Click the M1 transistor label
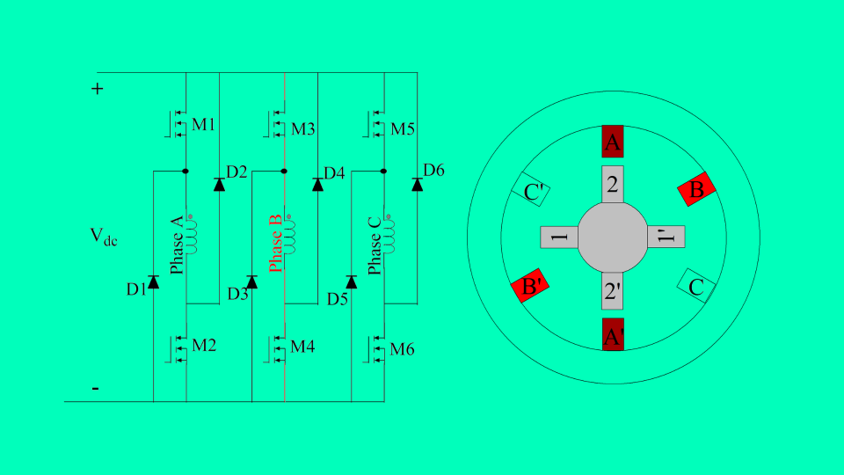click(x=203, y=125)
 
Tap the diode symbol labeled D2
click(x=219, y=184)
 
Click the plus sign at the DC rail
click(x=98, y=89)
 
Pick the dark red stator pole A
click(x=613, y=142)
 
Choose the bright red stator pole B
click(x=697, y=189)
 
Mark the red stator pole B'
click(x=530, y=287)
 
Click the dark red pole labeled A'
click(x=613, y=334)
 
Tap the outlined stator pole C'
click(x=531, y=190)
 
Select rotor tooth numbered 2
click(x=613, y=184)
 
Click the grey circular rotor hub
click(x=613, y=237)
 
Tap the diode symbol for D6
click(x=417, y=184)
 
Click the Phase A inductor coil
click(x=191, y=233)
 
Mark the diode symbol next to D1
click(x=153, y=282)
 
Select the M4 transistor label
click(x=302, y=347)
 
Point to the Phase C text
click(x=375, y=244)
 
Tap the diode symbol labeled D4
click(x=318, y=184)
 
